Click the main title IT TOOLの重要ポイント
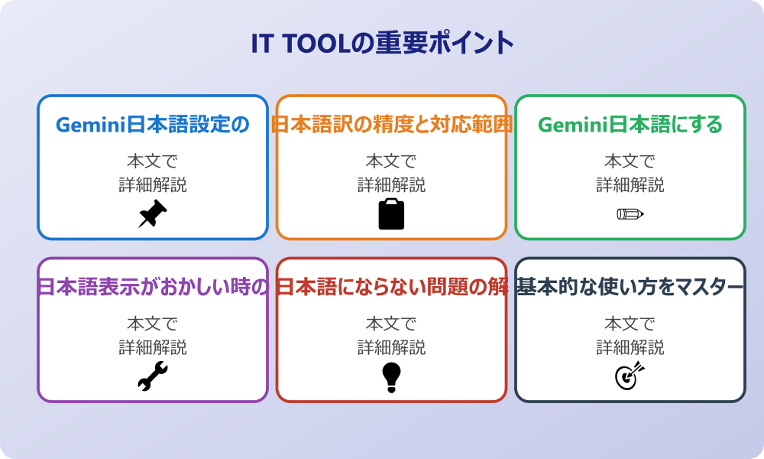coord(382,44)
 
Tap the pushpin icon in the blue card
coord(153,213)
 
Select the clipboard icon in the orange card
coord(391,213)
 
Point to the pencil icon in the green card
coord(630,213)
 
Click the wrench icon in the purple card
coord(153,376)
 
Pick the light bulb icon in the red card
coord(391,376)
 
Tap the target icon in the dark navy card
coord(630,376)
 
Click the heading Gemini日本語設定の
coord(153,125)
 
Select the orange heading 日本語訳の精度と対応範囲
coord(391,125)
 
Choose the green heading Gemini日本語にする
coord(630,125)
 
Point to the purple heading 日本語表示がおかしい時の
coord(153,288)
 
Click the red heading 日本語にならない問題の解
coord(391,288)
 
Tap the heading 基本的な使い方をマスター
coord(630,288)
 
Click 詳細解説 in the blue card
coord(153,184)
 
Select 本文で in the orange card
coord(391,161)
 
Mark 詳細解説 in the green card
coord(630,184)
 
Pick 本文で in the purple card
coord(153,324)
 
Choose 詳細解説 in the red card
coord(391,347)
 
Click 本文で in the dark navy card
coord(630,324)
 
